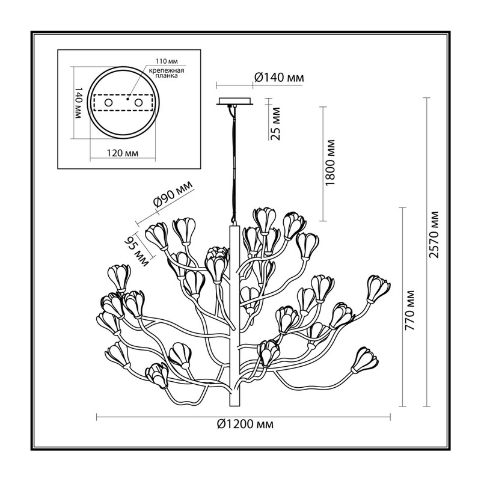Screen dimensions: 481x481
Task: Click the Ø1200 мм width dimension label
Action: (x=245, y=424)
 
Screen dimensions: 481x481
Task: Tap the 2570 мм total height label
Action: (x=434, y=234)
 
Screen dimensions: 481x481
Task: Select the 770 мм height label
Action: (x=409, y=310)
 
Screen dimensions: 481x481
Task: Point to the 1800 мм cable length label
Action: (x=330, y=162)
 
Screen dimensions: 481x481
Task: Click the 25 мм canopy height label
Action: (x=276, y=123)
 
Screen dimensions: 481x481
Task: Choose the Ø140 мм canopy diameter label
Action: (x=279, y=78)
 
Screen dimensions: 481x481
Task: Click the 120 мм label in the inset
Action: (x=123, y=153)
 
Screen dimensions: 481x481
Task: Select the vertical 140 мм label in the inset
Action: (x=78, y=103)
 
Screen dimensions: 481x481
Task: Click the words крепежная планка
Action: (x=167, y=73)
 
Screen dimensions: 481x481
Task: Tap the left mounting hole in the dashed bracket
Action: (x=108, y=102)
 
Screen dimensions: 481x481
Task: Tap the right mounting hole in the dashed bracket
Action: (x=139, y=102)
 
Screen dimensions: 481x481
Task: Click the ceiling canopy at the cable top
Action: (x=235, y=101)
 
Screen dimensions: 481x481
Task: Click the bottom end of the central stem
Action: (x=234, y=405)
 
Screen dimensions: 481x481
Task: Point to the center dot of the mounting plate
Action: (x=127, y=99)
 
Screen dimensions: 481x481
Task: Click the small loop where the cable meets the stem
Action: (x=234, y=224)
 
